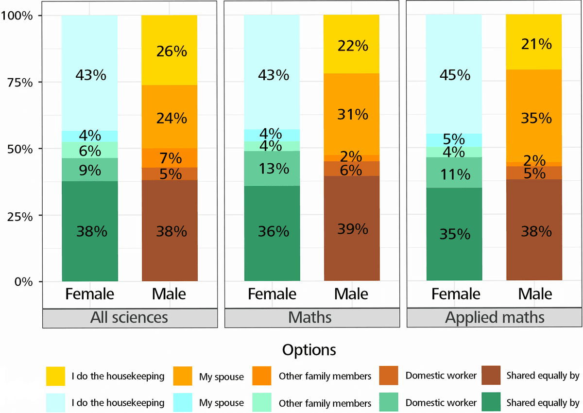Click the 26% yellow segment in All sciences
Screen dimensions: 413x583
click(x=170, y=51)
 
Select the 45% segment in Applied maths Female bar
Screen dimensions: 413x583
click(x=454, y=75)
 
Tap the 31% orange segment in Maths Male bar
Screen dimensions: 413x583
click(x=352, y=115)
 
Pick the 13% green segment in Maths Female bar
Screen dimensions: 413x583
click(x=272, y=169)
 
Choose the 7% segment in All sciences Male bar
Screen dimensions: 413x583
click(x=170, y=158)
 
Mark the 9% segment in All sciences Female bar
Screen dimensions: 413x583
click(x=89, y=170)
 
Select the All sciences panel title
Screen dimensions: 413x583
click(x=129, y=318)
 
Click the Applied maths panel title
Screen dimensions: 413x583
click(x=495, y=318)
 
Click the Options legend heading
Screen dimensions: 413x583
click(x=309, y=350)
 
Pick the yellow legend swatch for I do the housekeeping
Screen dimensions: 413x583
click(x=55, y=376)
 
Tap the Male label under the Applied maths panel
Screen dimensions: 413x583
click(x=535, y=294)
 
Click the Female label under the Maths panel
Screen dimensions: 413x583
click(x=272, y=294)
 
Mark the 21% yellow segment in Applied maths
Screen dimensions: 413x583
click(x=534, y=44)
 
